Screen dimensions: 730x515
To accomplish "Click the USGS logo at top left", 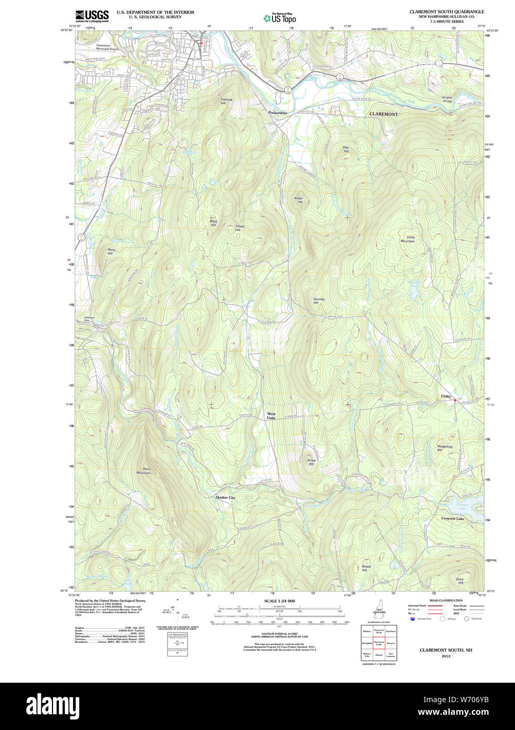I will pos(92,15).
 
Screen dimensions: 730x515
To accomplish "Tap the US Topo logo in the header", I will pos(280,18).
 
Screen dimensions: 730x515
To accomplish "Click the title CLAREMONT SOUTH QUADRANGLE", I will pos(447,12).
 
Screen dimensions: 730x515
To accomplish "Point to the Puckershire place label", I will pos(278,113).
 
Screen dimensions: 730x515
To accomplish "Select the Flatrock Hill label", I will pos(226,101).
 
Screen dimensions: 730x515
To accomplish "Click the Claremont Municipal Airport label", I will pos(107,47).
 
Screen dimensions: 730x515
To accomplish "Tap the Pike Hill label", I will pos(345,149).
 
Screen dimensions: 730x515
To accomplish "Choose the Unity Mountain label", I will pos(408,239).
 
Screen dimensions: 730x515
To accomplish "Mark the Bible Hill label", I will pos(213,223).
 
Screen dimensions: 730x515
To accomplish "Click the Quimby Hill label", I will pos(319,301).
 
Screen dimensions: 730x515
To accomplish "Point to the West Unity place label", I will pos(271,416).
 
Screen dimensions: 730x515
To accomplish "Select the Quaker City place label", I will pos(225,497).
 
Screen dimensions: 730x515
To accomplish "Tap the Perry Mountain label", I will pos(143,471).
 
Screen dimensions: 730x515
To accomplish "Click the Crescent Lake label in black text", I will pos(453,518).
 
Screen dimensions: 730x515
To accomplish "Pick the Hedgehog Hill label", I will pos(444,448).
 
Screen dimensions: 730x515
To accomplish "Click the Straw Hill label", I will pos(311,462).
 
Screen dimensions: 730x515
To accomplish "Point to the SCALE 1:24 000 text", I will pos(279,601).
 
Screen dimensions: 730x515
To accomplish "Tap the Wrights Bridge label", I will pos(447,99).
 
